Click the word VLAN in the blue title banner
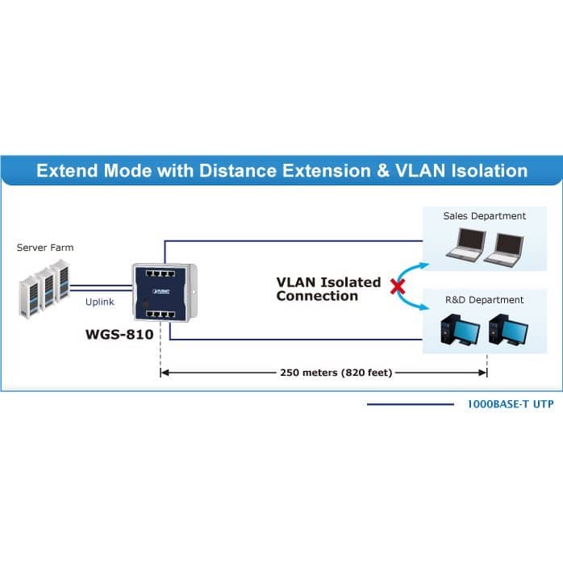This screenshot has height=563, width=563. [x=420, y=170]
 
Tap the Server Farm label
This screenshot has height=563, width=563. [x=45, y=248]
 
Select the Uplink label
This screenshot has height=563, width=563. [x=100, y=302]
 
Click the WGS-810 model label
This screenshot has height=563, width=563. [x=119, y=335]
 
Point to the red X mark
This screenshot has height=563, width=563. [x=398, y=287]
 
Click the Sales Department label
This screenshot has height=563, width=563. [x=485, y=216]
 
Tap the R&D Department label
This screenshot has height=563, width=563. [x=485, y=300]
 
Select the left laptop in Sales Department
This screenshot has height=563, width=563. [x=466, y=244]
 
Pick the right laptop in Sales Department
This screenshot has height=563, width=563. [x=504, y=248]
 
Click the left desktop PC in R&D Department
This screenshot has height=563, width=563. [x=461, y=330]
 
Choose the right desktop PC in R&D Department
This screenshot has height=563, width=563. [x=508, y=330]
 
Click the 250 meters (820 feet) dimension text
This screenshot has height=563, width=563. [x=336, y=373]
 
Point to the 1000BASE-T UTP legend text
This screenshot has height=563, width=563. [x=511, y=404]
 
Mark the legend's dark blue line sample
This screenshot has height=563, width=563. [x=411, y=405]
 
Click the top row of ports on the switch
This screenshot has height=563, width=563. [x=161, y=273]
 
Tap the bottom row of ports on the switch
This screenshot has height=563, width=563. [x=161, y=315]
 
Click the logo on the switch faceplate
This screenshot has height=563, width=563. [x=161, y=291]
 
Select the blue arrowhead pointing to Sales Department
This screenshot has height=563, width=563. [x=424, y=265]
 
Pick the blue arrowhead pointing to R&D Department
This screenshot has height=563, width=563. [x=424, y=307]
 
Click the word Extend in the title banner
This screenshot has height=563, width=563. [x=67, y=170]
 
